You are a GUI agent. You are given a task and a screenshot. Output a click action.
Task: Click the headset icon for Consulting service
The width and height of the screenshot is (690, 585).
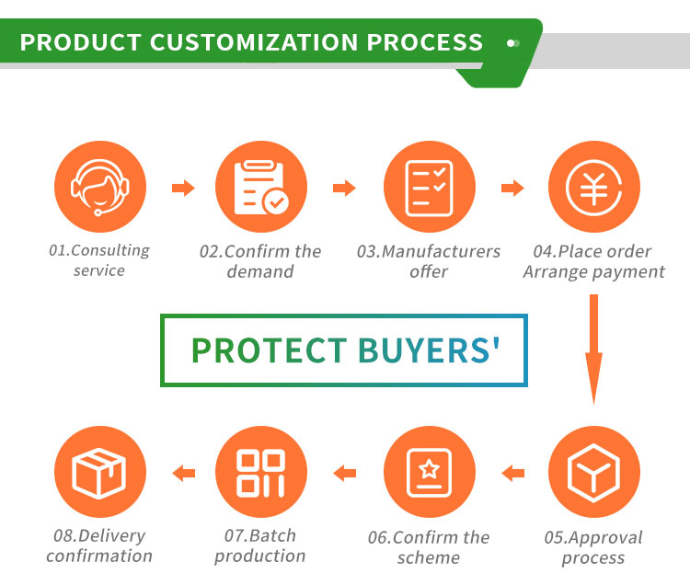click(99, 188)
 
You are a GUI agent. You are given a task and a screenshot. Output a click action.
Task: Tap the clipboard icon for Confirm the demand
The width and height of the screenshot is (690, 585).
click(260, 188)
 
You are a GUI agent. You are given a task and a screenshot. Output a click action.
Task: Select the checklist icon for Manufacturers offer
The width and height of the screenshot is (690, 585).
click(428, 188)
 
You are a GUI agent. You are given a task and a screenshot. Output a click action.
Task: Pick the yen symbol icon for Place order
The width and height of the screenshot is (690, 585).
click(593, 188)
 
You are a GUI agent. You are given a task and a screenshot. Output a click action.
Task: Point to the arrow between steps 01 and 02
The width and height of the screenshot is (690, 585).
click(183, 189)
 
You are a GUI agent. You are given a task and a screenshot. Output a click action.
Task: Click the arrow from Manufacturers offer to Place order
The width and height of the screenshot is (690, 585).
click(512, 189)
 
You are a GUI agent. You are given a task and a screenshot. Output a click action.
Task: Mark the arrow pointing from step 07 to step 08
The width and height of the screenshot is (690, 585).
click(184, 474)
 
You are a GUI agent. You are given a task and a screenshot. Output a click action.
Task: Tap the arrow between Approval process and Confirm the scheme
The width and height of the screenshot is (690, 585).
click(512, 474)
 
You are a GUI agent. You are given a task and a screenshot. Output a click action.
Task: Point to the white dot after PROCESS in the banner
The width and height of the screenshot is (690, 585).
click(512, 42)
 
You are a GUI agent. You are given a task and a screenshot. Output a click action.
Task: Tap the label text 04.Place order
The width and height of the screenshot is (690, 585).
click(592, 251)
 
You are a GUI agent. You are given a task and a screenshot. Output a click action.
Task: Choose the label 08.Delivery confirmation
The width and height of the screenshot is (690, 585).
click(99, 545)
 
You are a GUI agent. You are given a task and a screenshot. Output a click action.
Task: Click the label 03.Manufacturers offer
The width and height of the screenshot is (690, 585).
click(429, 261)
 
